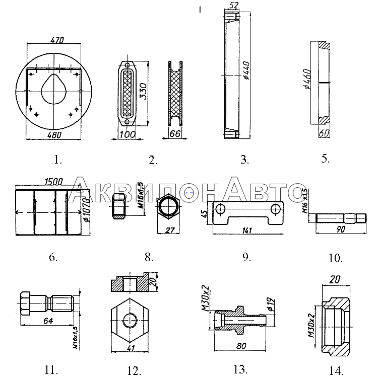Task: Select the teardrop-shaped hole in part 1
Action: pyautogui.click(x=51, y=89)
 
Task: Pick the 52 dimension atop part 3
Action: pyautogui.click(x=233, y=5)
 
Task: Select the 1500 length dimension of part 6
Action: pyautogui.click(x=53, y=182)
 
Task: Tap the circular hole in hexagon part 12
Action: pyautogui.click(x=130, y=319)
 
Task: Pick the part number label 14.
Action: pyautogui.click(x=336, y=371)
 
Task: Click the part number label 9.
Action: pyautogui.click(x=246, y=257)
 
